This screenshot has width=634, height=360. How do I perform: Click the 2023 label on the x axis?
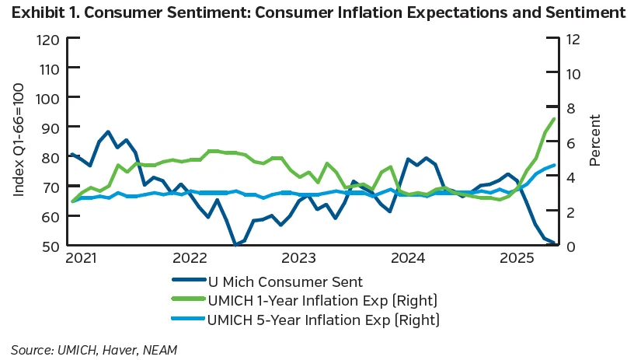[298, 258]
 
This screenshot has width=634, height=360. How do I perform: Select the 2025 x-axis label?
[517, 258]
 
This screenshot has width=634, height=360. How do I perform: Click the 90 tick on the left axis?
[51, 127]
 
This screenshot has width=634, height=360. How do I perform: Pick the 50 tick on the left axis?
[51, 246]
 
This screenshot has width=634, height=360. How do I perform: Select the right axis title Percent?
[596, 141]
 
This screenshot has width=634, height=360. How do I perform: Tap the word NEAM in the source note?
[158, 350]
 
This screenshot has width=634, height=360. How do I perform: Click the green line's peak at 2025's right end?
[554, 119]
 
